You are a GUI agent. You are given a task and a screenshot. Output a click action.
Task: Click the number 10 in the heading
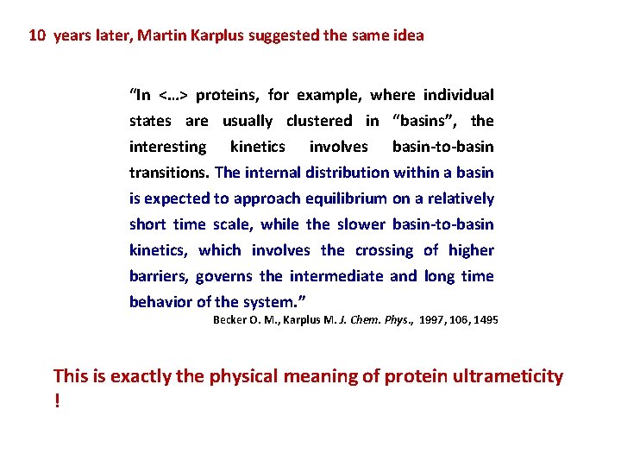click(38, 36)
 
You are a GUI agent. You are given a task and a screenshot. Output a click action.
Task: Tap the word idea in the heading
click(408, 36)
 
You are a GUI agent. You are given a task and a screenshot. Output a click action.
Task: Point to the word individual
click(458, 95)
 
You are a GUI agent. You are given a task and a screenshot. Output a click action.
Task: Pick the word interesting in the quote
click(168, 147)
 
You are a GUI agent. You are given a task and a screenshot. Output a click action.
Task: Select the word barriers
click(158, 276)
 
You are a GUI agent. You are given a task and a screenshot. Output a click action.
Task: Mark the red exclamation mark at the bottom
click(57, 403)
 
